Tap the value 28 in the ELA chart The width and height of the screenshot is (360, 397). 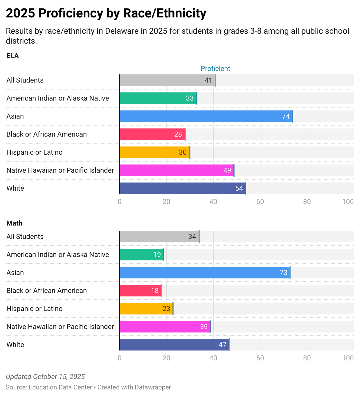click(x=178, y=134)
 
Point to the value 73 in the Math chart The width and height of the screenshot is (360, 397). click(x=283, y=273)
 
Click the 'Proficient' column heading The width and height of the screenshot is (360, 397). click(x=215, y=69)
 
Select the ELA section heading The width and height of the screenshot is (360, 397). click(x=12, y=56)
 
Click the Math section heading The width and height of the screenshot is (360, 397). click(x=14, y=223)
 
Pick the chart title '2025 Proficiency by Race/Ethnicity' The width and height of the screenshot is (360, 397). click(x=106, y=13)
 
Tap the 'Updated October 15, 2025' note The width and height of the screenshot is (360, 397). click(x=45, y=377)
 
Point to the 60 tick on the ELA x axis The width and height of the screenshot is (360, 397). click(x=260, y=202)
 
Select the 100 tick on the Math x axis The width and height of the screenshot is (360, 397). click(x=348, y=358)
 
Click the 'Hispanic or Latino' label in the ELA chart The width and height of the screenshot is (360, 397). click(x=34, y=152)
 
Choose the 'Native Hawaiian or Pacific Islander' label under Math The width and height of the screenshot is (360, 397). click(x=60, y=327)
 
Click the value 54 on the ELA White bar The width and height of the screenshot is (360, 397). click(x=239, y=188)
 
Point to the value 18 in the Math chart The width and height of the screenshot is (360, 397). click(x=155, y=291)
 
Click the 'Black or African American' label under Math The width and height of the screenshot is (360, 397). click(x=46, y=291)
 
